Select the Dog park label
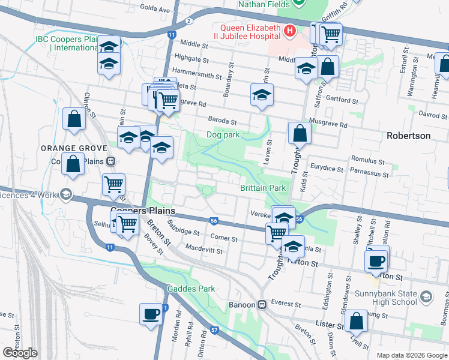223,135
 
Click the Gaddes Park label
190,289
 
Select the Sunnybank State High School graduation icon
426,297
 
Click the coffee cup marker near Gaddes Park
151,313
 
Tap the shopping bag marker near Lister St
356,321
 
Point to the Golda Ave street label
155,9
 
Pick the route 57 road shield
215,330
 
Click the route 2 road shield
188,21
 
